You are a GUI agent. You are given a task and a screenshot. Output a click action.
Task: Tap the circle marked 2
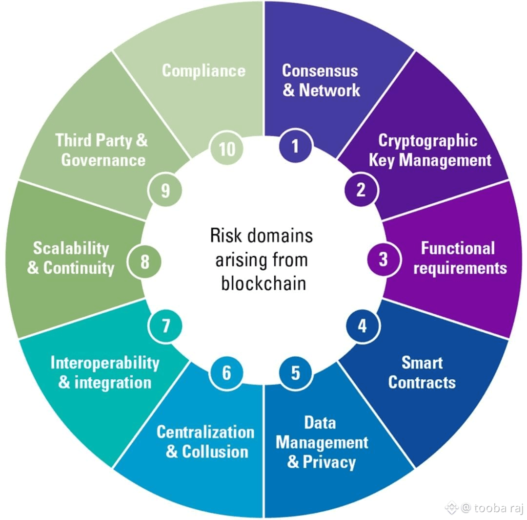(361, 190)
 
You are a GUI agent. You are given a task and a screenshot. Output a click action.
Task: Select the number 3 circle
(383, 259)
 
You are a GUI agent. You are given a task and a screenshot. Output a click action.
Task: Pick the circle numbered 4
(362, 326)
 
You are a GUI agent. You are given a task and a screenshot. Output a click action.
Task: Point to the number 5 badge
(295, 373)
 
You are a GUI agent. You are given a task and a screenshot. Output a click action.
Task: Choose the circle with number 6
(226, 373)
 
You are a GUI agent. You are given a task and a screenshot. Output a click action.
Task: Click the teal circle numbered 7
(165, 325)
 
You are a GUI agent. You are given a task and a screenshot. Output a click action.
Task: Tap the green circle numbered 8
(145, 262)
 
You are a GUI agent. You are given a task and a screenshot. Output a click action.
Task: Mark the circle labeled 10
(227, 149)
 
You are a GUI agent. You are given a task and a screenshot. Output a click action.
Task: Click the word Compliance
(203, 70)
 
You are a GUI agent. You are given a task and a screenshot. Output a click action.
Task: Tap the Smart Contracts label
(422, 372)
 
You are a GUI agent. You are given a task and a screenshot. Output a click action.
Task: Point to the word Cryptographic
(427, 141)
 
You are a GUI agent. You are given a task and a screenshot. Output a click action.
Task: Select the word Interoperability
(105, 363)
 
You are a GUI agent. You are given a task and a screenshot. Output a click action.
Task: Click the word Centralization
(205, 432)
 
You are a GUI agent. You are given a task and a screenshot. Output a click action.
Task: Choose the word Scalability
(71, 248)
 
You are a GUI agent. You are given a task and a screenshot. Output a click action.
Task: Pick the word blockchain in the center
(263, 283)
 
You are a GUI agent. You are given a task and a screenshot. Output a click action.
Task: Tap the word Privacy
(329, 462)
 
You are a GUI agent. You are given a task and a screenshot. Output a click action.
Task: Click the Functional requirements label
(459, 258)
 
